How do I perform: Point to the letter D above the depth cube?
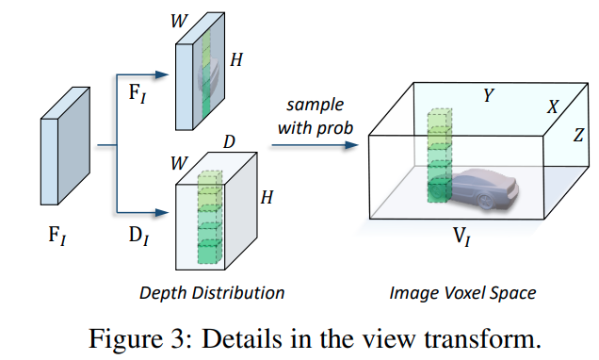[229, 141]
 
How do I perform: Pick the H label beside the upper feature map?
[237, 59]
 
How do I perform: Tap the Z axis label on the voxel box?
[578, 136]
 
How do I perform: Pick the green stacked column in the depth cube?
[210, 219]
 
